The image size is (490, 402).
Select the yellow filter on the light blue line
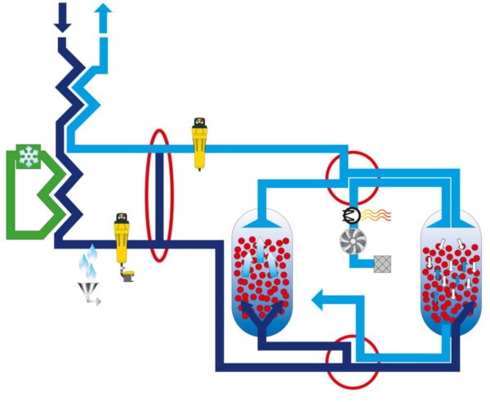coord(198,142)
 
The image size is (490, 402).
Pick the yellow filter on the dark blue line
coord(122,239)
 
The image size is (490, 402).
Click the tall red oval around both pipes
coord(158,195)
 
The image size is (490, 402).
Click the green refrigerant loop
coord(24,204)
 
